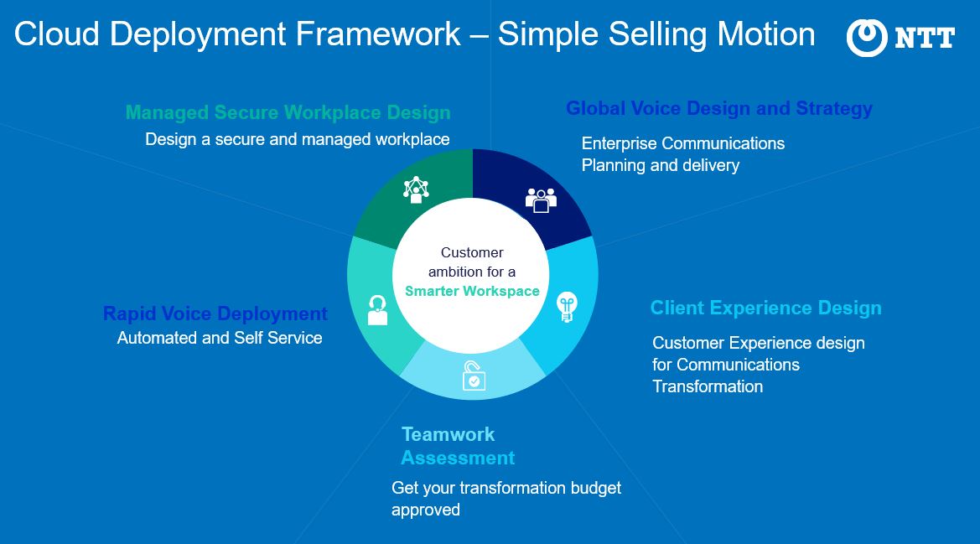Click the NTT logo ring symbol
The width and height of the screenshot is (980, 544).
866,38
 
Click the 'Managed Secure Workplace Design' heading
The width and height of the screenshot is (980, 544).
288,112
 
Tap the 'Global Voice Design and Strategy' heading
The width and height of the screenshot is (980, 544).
718,109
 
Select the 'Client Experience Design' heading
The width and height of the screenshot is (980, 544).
765,308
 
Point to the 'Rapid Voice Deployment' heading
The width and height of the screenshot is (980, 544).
215,313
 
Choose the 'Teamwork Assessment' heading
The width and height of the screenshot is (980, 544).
458,446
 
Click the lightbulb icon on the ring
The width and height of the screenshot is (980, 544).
566,307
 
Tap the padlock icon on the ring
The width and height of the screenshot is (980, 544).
473,376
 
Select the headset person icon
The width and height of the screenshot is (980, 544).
377,310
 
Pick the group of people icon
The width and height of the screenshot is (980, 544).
541,200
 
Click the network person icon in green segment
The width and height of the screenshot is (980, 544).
416,190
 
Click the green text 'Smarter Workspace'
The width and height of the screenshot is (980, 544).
472,291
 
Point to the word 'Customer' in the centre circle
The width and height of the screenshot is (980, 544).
472,252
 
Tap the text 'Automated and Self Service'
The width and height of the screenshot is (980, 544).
220,338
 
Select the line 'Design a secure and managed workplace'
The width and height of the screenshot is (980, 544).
298,139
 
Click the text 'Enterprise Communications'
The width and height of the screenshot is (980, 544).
683,143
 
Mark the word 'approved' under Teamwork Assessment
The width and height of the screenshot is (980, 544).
426,510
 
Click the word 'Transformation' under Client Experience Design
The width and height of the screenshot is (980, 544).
708,386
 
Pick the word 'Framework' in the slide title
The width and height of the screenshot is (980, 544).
378,34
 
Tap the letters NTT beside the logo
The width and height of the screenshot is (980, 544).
925,38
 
